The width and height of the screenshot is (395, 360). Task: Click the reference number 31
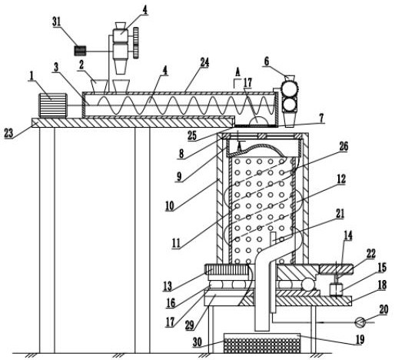point(56,22)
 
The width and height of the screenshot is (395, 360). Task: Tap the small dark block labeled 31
point(80,51)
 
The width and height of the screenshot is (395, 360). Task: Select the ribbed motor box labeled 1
point(53,105)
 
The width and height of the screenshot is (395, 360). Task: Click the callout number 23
point(9,133)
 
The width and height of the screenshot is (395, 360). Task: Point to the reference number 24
point(204,62)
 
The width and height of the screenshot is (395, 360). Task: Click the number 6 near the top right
point(267,62)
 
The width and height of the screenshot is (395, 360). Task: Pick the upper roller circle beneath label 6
point(289,88)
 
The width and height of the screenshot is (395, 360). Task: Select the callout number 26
point(344,146)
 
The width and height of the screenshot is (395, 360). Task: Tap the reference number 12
point(341,179)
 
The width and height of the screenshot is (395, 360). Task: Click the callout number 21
point(340,214)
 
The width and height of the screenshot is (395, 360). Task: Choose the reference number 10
point(170,205)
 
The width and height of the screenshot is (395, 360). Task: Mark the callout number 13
point(168,286)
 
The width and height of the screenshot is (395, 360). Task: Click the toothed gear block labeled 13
point(227,270)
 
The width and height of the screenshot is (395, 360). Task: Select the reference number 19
point(360,339)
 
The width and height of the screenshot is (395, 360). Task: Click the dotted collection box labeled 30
point(261,343)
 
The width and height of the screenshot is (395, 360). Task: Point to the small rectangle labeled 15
point(336,290)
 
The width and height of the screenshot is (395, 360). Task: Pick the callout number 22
point(370,254)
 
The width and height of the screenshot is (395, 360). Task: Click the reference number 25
point(192,135)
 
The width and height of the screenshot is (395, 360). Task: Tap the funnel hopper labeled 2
point(99,86)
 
